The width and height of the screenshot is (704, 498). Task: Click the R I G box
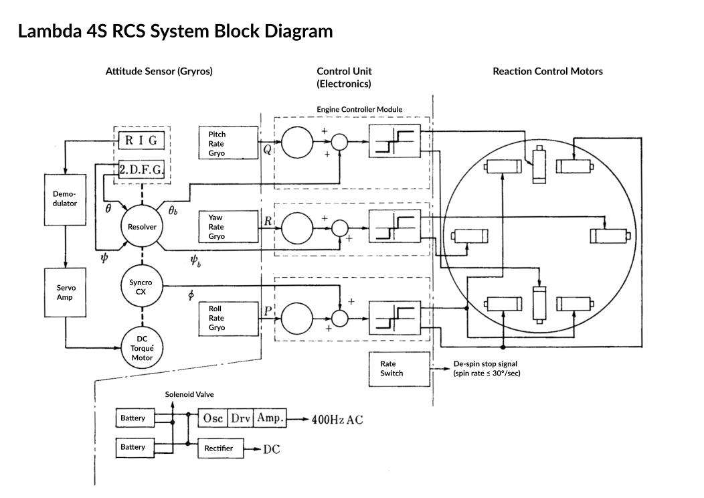coord(141,141)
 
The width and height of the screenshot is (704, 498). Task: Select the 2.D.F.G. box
coord(141,170)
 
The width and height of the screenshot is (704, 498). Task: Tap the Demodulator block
coord(64,198)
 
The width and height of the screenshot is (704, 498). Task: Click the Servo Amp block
coord(64,292)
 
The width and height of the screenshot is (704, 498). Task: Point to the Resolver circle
coord(142,227)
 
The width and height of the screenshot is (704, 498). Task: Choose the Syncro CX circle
coord(141,287)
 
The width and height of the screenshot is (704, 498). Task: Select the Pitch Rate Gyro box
coord(229,144)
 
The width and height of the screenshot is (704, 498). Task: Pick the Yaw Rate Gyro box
coord(229,227)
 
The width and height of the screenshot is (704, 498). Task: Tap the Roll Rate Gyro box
coord(229,318)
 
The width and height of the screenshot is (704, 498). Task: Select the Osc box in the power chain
coord(213,418)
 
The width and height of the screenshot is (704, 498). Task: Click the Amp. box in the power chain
coord(270,418)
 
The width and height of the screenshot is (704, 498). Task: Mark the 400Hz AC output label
coord(337,419)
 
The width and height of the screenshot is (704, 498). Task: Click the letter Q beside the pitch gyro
coord(267,150)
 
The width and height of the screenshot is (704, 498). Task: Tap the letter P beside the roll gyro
coord(268,311)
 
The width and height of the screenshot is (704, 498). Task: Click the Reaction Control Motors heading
coord(547,72)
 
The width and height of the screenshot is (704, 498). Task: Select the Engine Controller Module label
coord(359,109)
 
